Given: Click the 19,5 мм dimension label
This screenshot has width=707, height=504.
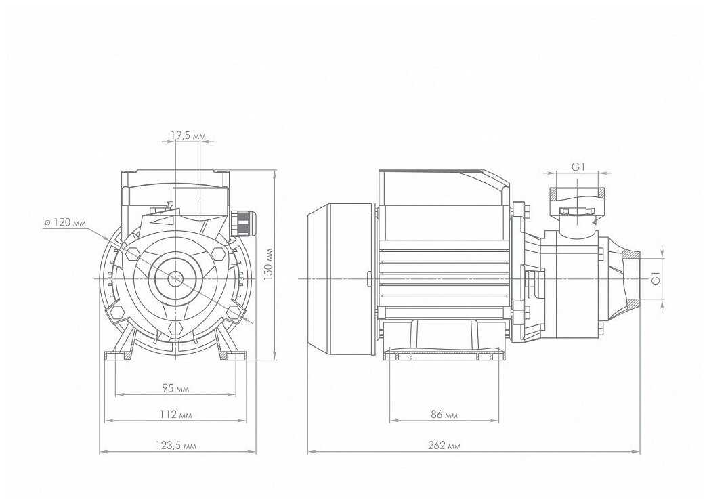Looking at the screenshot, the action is pos(188,134).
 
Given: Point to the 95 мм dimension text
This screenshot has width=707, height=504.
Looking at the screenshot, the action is pos(175,387).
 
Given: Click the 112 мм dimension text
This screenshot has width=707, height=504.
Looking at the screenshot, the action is pos(175,414).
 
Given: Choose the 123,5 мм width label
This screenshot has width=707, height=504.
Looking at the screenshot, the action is pos(175,446).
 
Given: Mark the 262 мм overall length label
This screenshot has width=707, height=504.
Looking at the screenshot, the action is pos(444,446).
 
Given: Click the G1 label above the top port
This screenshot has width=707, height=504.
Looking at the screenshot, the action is pos(578,167).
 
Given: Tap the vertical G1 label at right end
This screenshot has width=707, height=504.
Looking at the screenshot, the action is pos(656,279).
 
